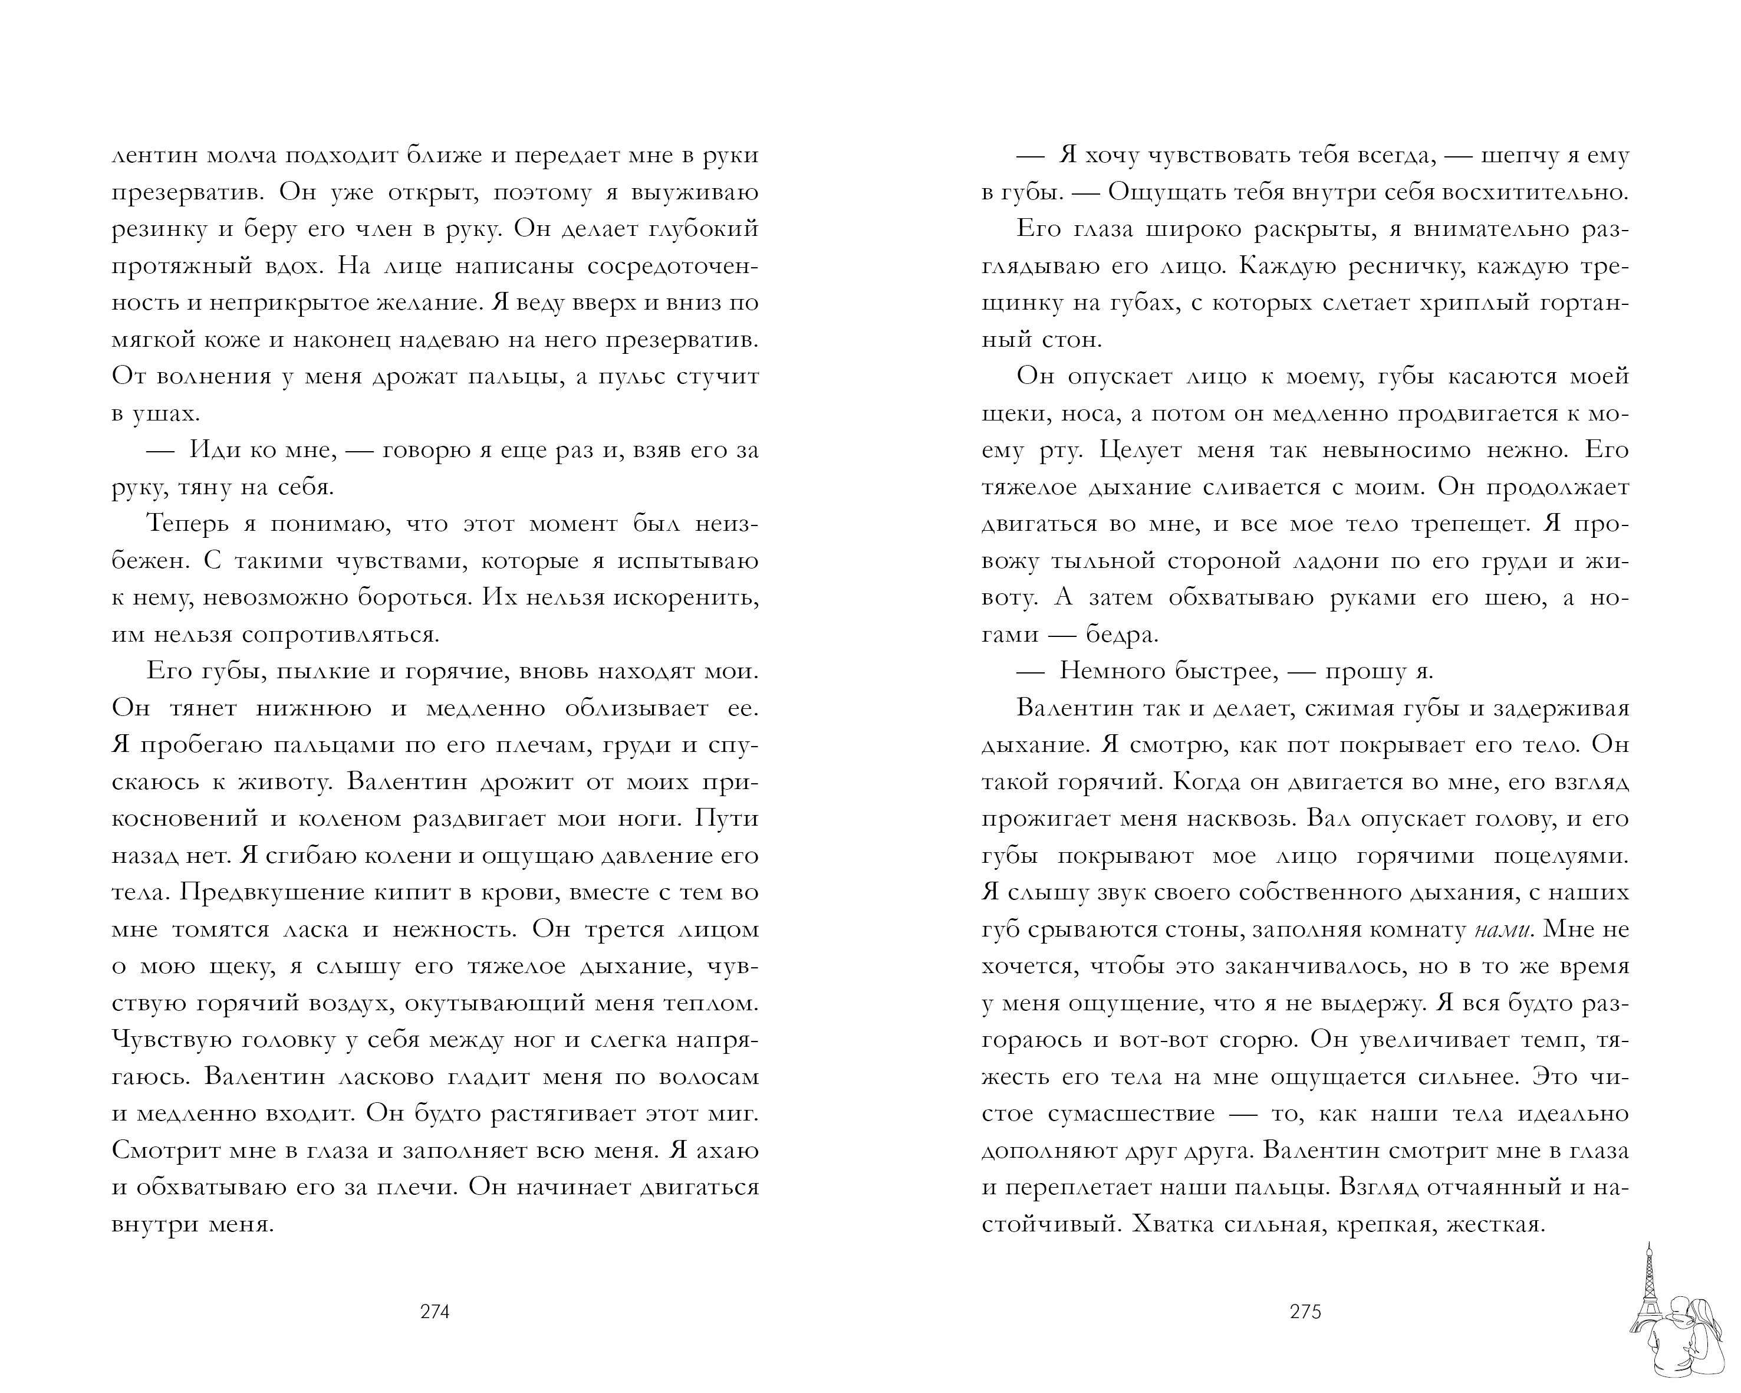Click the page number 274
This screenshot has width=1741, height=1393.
tap(435, 1312)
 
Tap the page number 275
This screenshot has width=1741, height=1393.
tap(1305, 1312)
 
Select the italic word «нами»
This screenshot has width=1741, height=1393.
tap(1502, 929)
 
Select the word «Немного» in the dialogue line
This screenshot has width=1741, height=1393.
tap(1110, 671)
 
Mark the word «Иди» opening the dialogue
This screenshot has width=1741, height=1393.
tap(212, 450)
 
